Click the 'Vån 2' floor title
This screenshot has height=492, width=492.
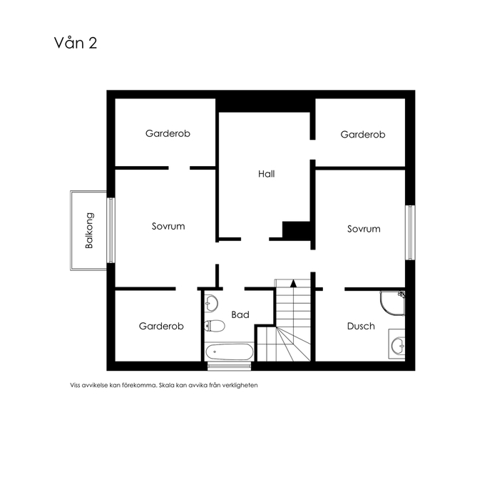click(76, 43)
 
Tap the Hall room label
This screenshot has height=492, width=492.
click(267, 174)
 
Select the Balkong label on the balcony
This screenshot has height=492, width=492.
click(89, 230)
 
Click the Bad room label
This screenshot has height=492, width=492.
click(240, 314)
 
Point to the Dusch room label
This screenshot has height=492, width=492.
click(361, 327)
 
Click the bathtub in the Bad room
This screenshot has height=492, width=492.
click(230, 352)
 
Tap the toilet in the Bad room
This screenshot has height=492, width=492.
click(215, 326)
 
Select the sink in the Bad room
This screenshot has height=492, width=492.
click(211, 304)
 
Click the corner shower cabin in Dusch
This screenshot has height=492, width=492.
click(393, 303)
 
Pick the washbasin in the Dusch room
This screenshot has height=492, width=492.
click(397, 344)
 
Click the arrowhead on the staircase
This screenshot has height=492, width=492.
click(293, 283)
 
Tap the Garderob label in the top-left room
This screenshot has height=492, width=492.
click(168, 133)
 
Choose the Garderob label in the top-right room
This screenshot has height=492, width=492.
click(363, 135)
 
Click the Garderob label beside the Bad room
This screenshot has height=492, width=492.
click(161, 327)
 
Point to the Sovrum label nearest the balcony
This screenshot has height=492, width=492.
click(168, 226)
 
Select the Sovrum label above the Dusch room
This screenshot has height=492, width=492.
click(364, 229)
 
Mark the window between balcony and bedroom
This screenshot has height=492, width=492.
click(111, 230)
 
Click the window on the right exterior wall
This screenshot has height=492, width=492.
click(410, 232)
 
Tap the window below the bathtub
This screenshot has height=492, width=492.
click(230, 366)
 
